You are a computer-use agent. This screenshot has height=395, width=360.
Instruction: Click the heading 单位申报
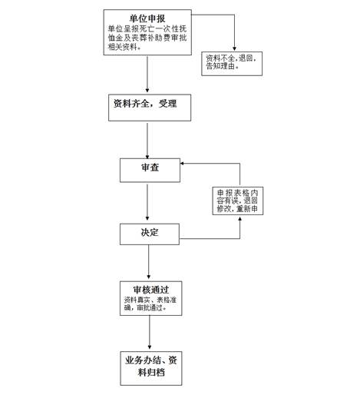click(147, 18)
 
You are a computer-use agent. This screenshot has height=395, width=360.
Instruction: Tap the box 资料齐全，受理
click(150, 108)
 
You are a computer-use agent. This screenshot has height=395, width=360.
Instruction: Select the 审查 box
click(150, 170)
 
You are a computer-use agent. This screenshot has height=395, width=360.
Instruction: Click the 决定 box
click(150, 234)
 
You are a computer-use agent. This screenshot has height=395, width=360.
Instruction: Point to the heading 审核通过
click(150, 290)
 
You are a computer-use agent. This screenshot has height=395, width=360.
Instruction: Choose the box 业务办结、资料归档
click(151, 368)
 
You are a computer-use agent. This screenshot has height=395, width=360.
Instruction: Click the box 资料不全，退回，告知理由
click(232, 64)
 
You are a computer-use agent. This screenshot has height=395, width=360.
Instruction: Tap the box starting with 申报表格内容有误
click(238, 201)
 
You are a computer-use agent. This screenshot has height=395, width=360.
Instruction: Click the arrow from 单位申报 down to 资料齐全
click(147, 75)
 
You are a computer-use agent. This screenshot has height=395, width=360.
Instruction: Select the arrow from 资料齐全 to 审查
click(147, 141)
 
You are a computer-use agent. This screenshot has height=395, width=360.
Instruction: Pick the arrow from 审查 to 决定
click(147, 202)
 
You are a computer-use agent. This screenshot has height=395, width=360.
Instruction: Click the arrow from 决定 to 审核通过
click(149, 262)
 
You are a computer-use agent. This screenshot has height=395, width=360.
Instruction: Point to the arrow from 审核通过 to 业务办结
click(150, 332)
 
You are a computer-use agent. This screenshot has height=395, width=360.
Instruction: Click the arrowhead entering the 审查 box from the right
click(182, 164)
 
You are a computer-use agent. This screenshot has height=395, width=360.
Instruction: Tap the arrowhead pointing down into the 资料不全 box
click(234, 48)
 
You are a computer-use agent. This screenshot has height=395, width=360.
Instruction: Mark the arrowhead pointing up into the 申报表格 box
click(239, 219)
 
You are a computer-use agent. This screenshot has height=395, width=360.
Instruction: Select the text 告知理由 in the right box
click(220, 66)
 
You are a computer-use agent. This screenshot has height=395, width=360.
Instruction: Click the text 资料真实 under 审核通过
click(137, 300)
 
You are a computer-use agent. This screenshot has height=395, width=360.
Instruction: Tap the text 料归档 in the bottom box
click(151, 372)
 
